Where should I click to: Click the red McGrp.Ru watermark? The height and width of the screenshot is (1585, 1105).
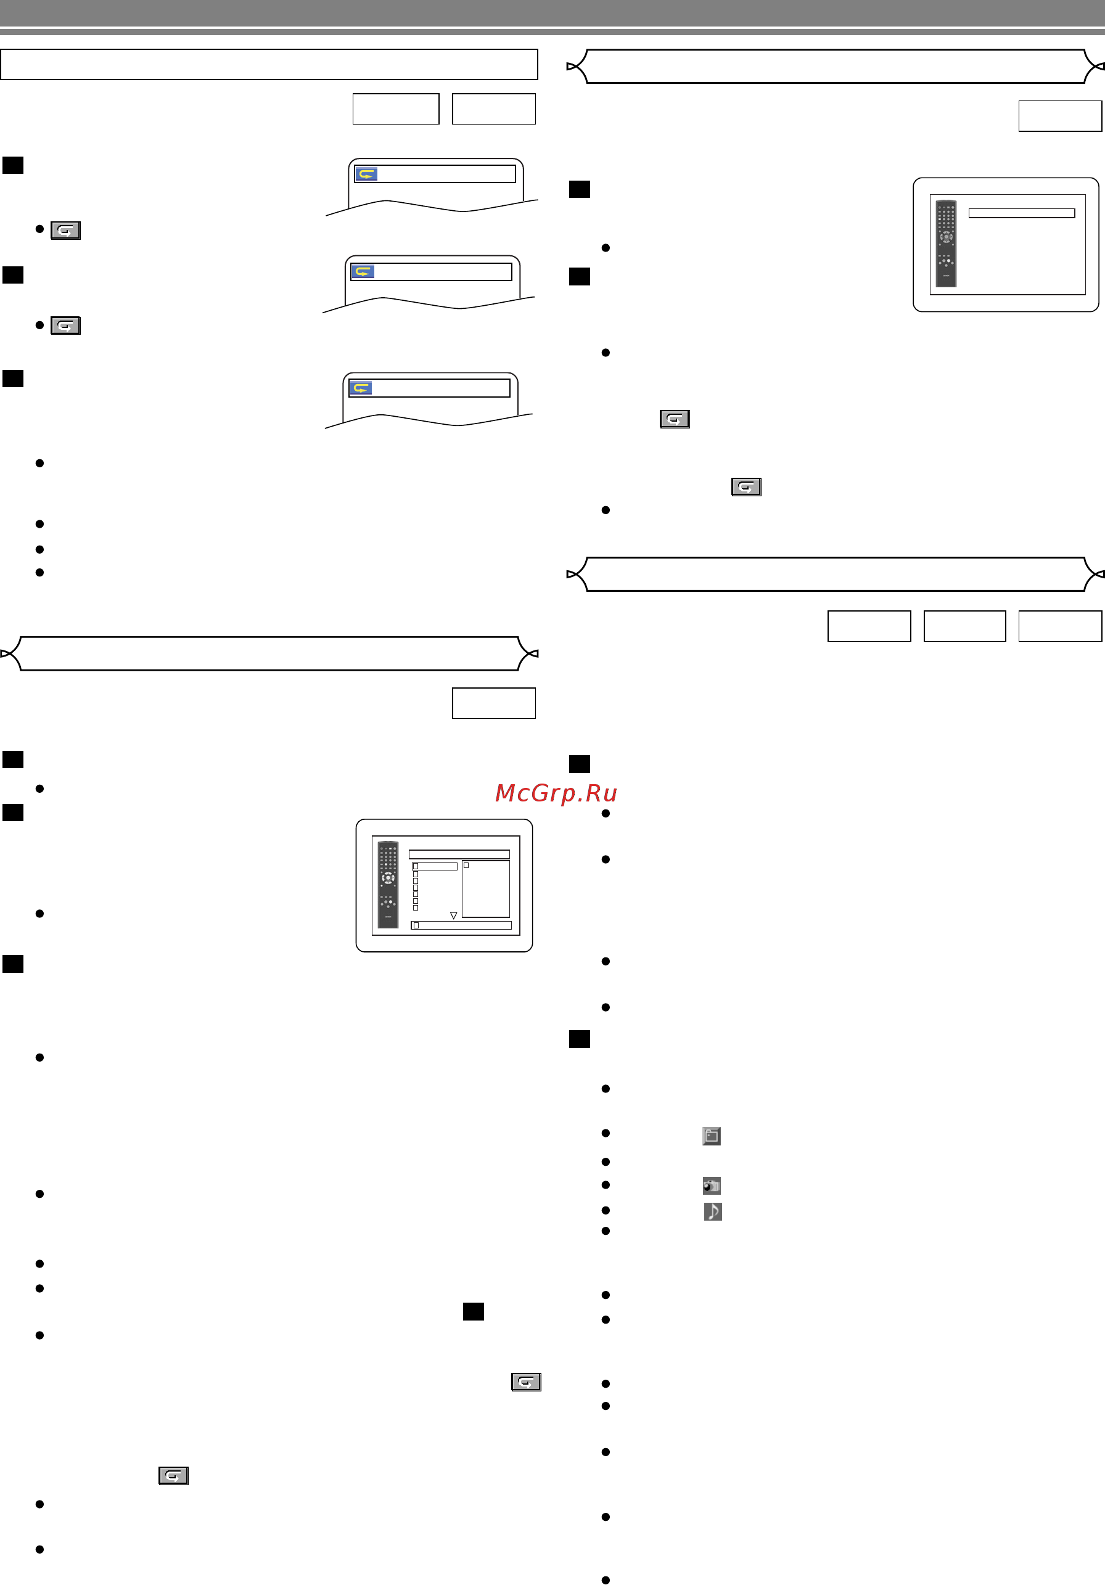[x=556, y=793]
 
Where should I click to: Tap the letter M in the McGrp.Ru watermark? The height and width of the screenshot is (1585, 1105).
[x=504, y=793]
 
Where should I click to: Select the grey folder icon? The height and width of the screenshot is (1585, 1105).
[x=712, y=1136]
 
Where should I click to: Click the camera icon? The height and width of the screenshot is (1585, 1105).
[x=712, y=1186]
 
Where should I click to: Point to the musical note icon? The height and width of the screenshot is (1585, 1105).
[x=713, y=1211]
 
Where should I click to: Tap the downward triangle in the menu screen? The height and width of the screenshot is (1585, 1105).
[x=453, y=915]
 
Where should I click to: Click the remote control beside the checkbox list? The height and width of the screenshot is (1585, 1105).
[x=388, y=884]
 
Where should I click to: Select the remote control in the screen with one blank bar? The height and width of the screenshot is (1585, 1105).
[x=946, y=243]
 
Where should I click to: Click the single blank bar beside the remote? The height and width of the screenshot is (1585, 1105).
[x=1021, y=213]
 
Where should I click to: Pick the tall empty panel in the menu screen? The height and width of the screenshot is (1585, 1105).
[x=485, y=888]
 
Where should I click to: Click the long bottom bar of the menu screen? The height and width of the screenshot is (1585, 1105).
[x=461, y=925]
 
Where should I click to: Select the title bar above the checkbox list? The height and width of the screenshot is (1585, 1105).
[x=459, y=854]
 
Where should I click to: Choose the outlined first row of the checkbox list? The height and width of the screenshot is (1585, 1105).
[x=434, y=866]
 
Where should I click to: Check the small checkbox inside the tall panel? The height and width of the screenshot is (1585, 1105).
[x=466, y=865]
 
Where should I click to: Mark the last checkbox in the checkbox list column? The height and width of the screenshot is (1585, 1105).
[x=415, y=908]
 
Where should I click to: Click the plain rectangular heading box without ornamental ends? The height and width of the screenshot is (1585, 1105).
[x=269, y=64]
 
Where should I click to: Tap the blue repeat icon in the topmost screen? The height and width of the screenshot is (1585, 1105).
[x=366, y=174]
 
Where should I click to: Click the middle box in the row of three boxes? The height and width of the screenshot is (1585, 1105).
[x=965, y=626]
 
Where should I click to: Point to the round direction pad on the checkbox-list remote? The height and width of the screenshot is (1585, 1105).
[x=388, y=878]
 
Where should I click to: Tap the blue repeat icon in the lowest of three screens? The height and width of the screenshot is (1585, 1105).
[x=361, y=388]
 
